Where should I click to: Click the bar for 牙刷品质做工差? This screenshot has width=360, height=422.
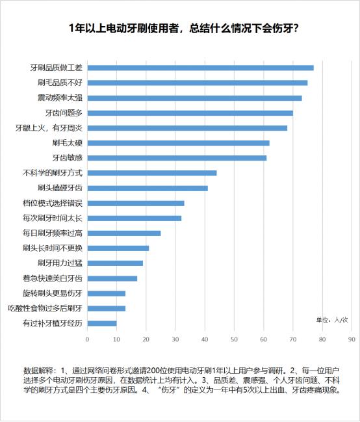coord(200,68)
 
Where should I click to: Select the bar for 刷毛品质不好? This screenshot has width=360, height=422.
coord(198,83)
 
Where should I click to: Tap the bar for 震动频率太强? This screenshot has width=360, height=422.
coord(194,98)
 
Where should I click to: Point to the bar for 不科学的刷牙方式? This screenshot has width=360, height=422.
coord(152,173)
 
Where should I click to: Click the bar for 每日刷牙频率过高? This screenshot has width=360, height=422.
coord(124,233)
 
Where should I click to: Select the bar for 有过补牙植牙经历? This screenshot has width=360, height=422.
coord(102,323)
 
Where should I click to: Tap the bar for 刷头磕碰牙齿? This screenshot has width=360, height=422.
coord(148,188)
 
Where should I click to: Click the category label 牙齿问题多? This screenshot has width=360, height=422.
coord(64,112)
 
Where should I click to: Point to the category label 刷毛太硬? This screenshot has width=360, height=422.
coord(68,143)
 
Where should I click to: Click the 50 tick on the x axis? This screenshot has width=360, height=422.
coord(235,339)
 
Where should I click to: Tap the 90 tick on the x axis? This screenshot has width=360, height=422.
coord(352,339)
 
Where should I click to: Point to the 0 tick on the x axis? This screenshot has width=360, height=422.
coord(88,339)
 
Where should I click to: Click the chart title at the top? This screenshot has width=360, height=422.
coord(179,29)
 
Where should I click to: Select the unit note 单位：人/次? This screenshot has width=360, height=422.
coord(332,320)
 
